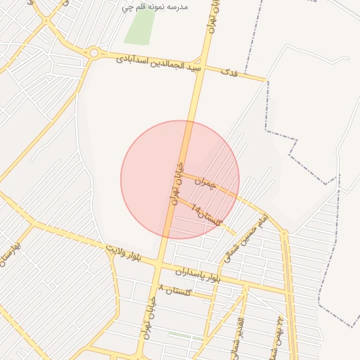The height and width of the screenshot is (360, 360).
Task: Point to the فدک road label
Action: [229, 72]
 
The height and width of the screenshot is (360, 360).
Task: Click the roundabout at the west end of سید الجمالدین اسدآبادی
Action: [94, 53]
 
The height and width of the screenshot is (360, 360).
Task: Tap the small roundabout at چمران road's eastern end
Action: [284, 232]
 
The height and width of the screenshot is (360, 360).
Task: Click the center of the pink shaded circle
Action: [180, 180]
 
